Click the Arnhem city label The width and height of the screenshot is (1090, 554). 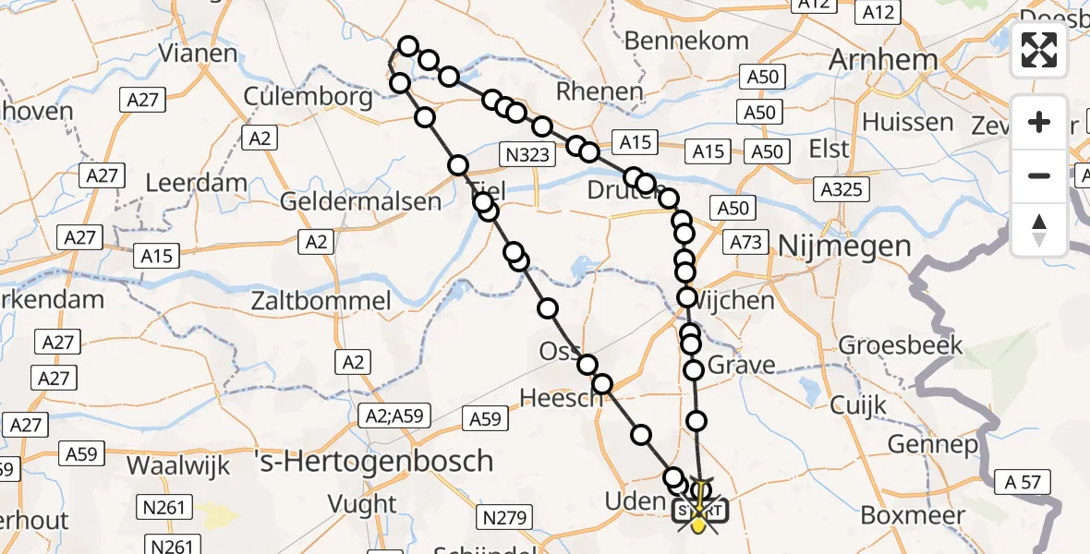(x=884, y=60)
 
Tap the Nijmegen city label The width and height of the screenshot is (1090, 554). (x=846, y=246)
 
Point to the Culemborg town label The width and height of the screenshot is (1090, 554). (x=309, y=96)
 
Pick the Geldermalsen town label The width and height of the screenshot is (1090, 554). (x=347, y=201)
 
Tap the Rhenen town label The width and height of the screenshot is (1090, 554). (x=599, y=91)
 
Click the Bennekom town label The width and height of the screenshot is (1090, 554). (x=686, y=41)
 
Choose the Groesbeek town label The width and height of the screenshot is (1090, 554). (x=901, y=346)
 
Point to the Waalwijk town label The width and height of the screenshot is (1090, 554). (x=178, y=465)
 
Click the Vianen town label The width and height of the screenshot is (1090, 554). (x=198, y=53)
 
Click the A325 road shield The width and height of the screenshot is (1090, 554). (x=841, y=189)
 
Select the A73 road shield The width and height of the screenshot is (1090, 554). (x=746, y=242)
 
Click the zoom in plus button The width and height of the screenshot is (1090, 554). (x=1039, y=122)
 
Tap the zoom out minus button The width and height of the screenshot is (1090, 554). (x=1039, y=175)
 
